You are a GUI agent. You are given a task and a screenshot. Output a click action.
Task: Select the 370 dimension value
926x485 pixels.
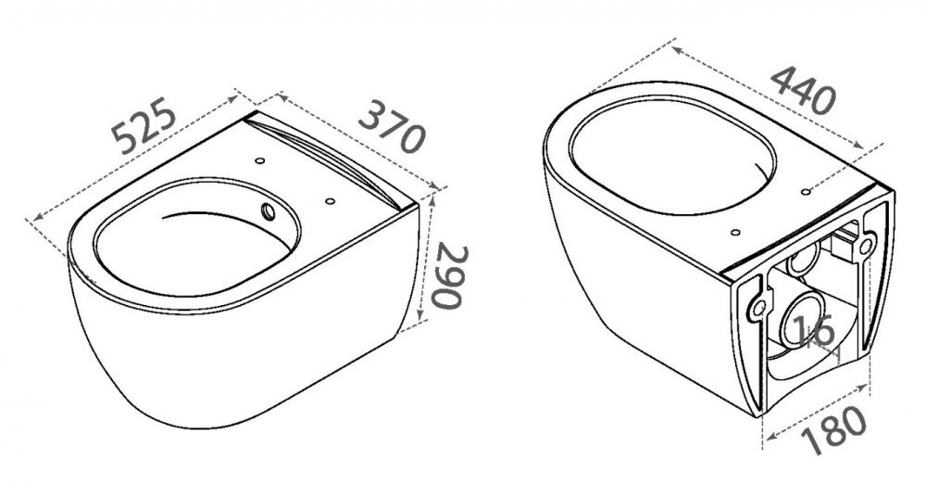coord(392,126)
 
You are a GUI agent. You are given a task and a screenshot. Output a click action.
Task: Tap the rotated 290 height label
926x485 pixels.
coord(450,276)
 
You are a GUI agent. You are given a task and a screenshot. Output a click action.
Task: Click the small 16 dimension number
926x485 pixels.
coord(814,331)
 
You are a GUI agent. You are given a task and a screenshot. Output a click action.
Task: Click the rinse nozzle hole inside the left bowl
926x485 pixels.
coord(269,211)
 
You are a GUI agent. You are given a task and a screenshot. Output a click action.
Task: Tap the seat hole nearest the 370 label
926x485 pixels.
coord(330,201)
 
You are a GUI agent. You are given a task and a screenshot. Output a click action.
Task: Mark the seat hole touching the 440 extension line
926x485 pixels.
coord(807,192)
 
